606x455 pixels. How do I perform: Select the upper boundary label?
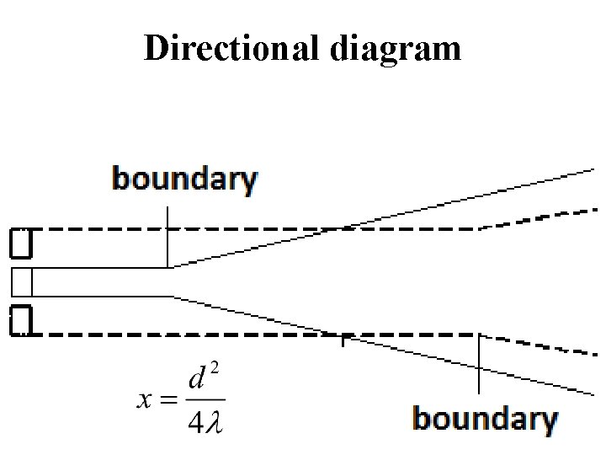pyautogui.click(x=184, y=180)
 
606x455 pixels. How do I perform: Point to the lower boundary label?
pyautogui.click(x=485, y=419)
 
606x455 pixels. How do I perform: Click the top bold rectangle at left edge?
pyautogui.click(x=21, y=244)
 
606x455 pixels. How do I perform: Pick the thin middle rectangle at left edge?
pyautogui.click(x=22, y=281)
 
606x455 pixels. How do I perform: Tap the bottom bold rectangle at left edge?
pyautogui.click(x=21, y=320)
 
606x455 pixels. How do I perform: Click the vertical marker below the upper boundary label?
pyautogui.click(x=167, y=236)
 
